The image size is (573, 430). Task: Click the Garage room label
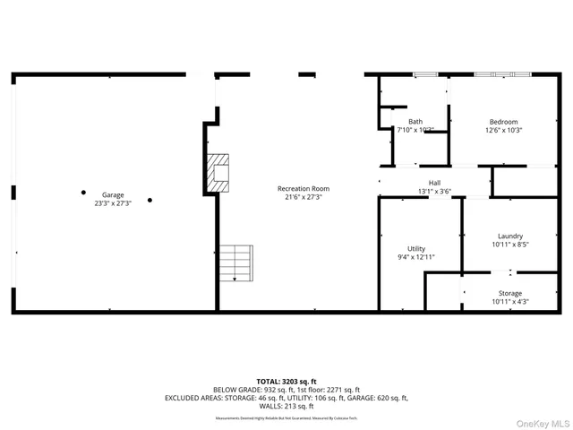click(113, 194)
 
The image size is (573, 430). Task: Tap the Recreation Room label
click(304, 188)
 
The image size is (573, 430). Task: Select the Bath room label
click(415, 122)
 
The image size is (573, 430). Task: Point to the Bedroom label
click(503, 122)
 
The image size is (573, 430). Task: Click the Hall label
click(434, 182)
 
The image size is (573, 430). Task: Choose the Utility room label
click(416, 248)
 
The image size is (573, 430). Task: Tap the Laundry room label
click(510, 236)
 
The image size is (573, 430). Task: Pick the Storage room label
click(510, 293)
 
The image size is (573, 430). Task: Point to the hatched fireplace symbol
click(218, 172)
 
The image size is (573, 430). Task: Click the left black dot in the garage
click(83, 192)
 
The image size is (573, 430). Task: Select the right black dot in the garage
click(150, 200)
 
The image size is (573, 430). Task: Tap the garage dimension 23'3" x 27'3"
click(113, 203)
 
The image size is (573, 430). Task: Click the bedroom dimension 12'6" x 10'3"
click(503, 131)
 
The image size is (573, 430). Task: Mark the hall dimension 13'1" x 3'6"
click(434, 190)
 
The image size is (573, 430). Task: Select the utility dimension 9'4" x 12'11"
click(416, 257)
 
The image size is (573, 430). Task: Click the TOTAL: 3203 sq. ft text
click(286, 381)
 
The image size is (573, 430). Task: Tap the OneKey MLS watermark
click(539, 422)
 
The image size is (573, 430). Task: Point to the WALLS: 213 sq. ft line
click(286, 407)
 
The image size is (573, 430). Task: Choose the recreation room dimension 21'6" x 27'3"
click(304, 197)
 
